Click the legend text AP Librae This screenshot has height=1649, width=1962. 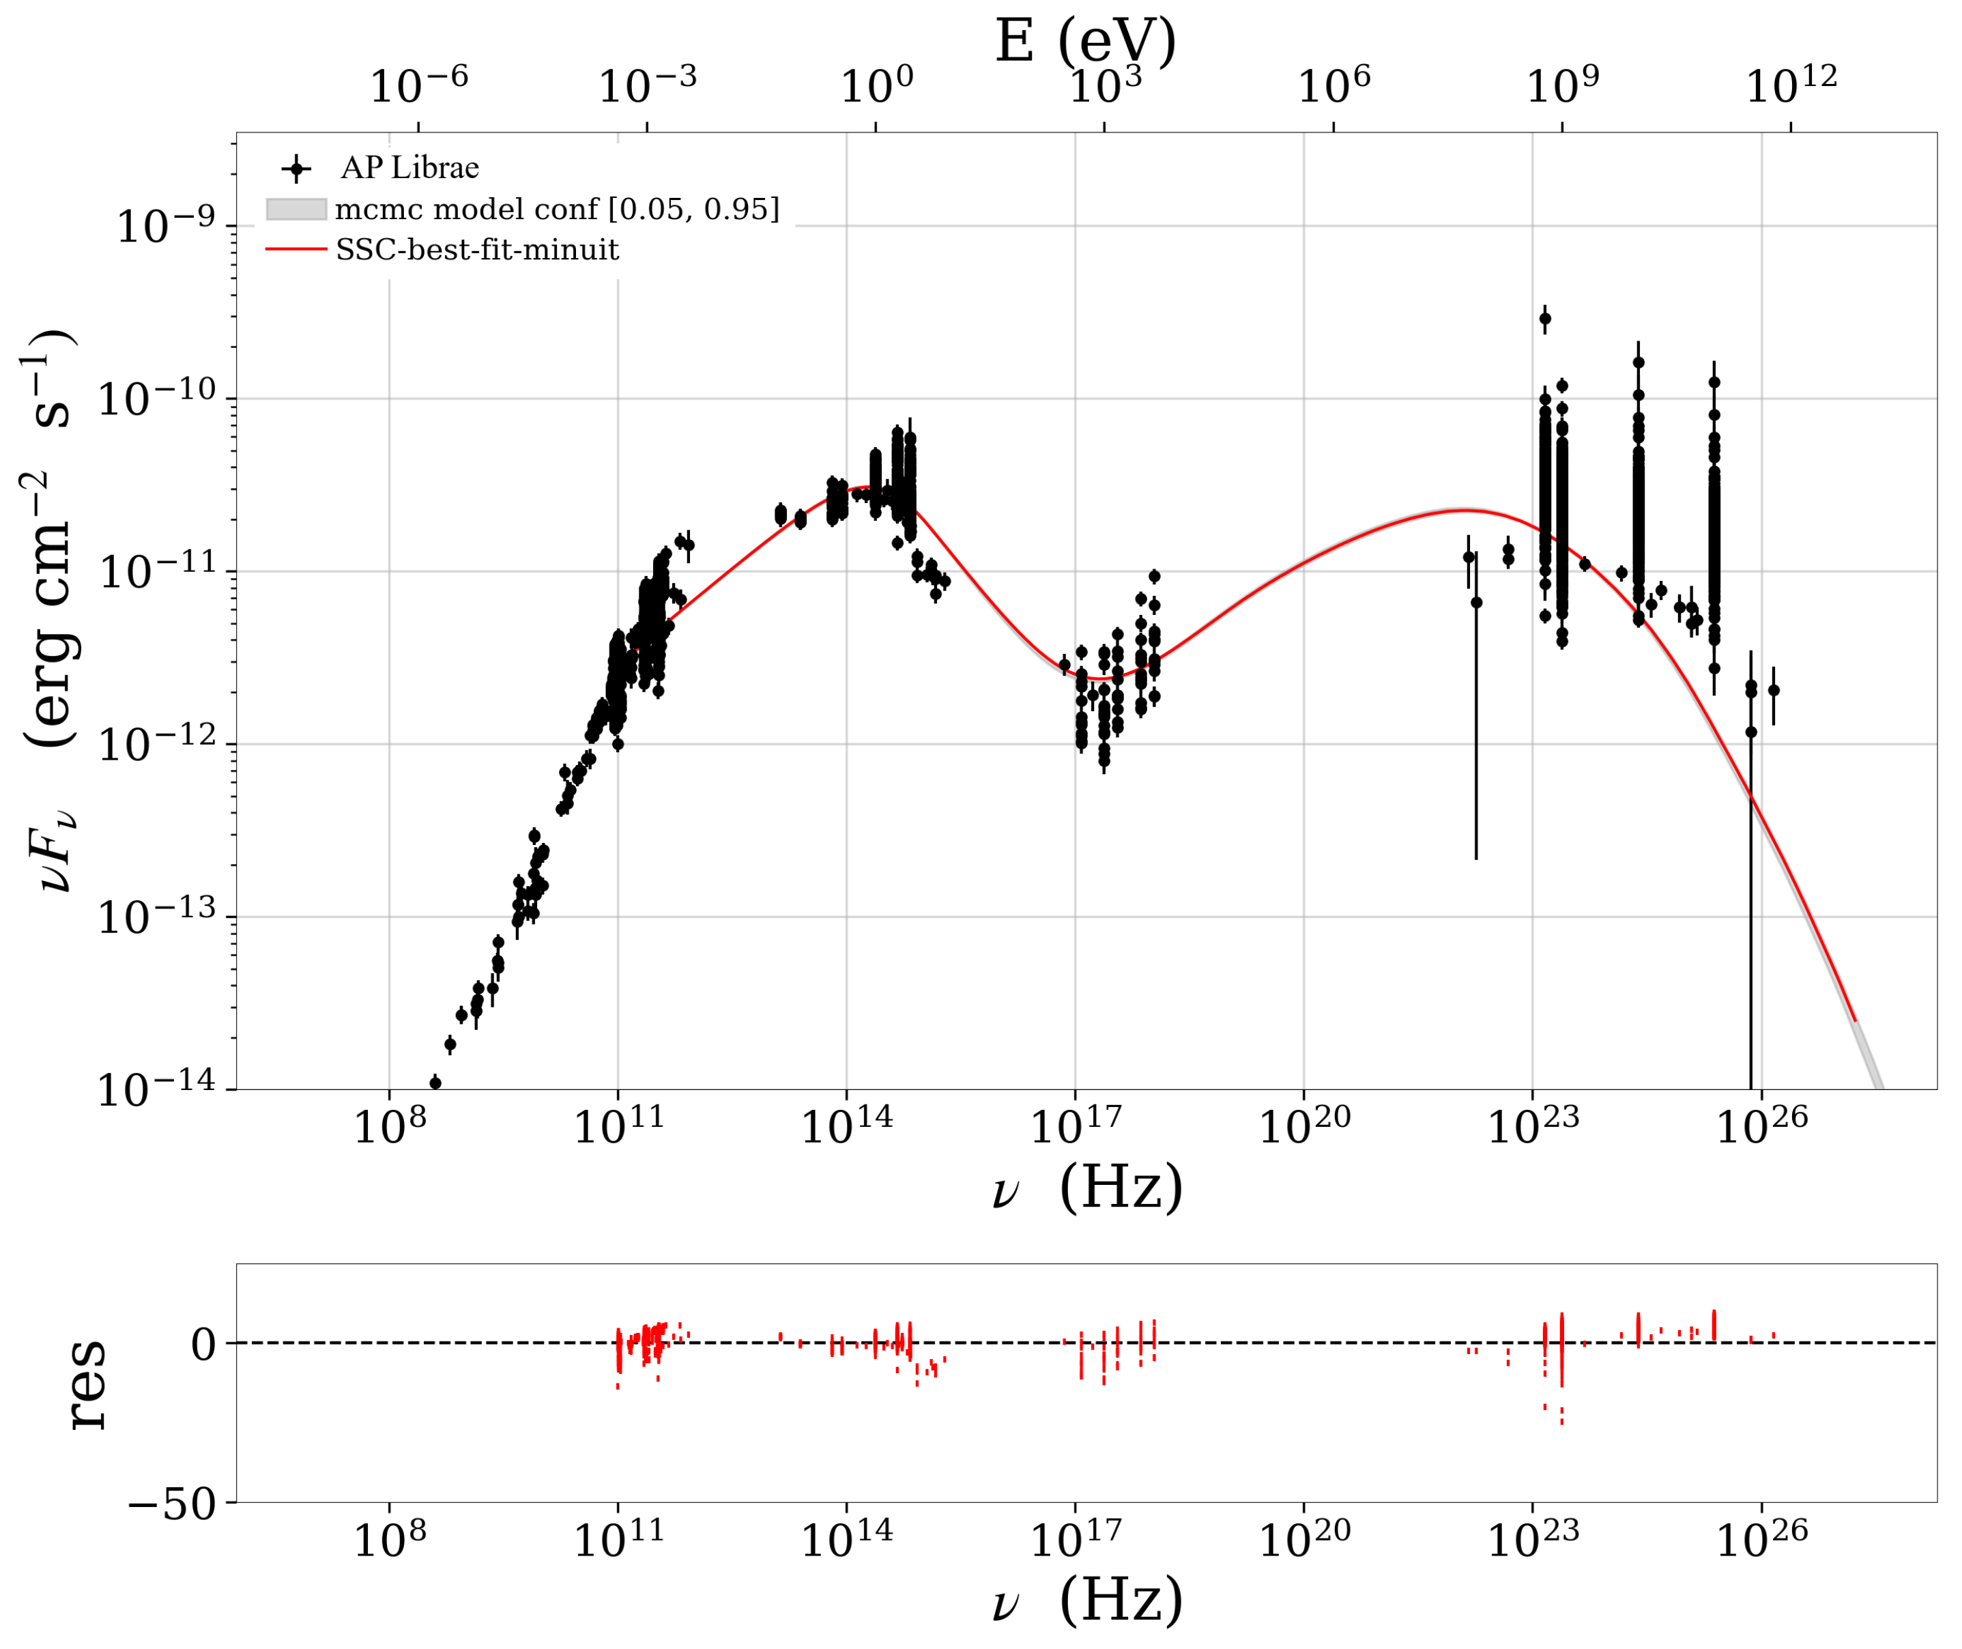409,169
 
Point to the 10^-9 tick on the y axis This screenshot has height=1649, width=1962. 165,226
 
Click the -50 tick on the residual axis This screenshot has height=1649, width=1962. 171,1506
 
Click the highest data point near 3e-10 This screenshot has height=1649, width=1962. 1545,319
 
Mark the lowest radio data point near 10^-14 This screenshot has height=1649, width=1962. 435,1083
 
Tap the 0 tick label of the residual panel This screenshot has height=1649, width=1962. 203,1346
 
